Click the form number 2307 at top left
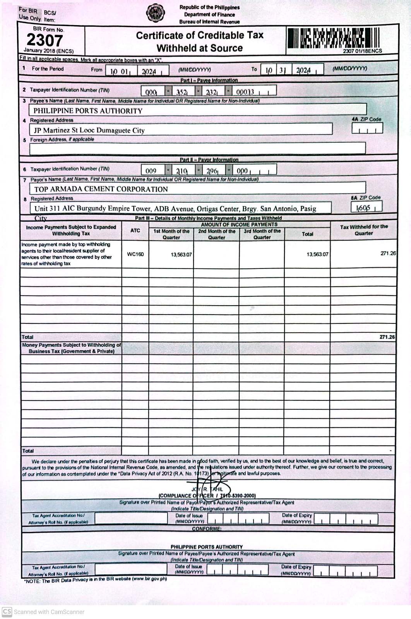click(45, 40)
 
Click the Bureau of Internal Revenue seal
click(155, 14)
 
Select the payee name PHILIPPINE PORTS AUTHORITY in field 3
click(88, 111)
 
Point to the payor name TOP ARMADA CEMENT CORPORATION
click(101, 189)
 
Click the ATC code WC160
click(135, 254)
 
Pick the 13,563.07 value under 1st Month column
click(181, 255)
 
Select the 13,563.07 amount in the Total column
click(317, 254)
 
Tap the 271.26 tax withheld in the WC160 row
click(388, 253)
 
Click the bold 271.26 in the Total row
click(387, 337)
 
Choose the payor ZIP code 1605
click(364, 208)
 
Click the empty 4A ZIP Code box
click(367, 128)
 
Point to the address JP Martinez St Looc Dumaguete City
click(89, 130)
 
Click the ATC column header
click(135, 231)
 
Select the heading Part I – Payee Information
click(209, 80)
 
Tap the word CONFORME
click(207, 529)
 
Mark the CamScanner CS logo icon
click(7, 612)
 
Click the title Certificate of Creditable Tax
click(199, 36)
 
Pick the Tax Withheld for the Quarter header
click(364, 230)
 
